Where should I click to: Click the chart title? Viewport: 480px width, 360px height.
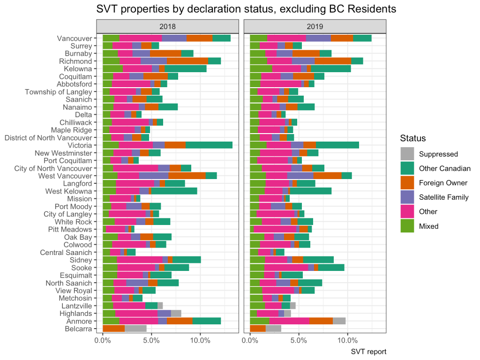click(x=240, y=8)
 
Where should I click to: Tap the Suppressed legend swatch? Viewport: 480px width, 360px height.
click(x=407, y=154)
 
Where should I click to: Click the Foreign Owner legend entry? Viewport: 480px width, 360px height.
click(x=436, y=183)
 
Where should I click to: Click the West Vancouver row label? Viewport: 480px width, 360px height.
click(x=67, y=175)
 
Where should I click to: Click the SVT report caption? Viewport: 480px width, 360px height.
click(x=368, y=351)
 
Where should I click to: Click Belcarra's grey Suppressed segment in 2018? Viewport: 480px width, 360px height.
click(x=135, y=329)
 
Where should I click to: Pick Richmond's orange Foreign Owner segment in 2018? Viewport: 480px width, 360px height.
click(x=187, y=61)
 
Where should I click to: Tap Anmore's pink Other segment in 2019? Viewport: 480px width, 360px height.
click(x=289, y=321)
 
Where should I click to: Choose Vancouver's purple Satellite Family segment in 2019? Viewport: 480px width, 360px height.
click(x=318, y=38)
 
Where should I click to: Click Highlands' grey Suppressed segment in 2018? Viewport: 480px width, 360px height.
click(x=176, y=313)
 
